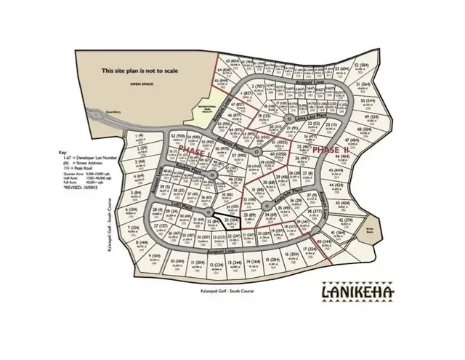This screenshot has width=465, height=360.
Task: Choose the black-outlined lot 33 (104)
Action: point(232,223)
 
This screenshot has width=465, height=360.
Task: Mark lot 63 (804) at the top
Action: point(232,63)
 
